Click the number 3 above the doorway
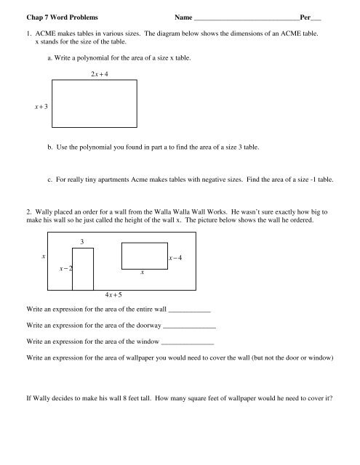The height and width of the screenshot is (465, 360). pyautogui.click(x=83, y=241)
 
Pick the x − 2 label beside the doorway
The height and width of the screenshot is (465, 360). pyautogui.click(x=65, y=269)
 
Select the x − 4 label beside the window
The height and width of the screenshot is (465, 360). pyautogui.click(x=175, y=258)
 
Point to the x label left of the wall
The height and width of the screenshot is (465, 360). pyautogui.click(x=43, y=257)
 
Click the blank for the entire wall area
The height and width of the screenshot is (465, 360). pyautogui.click(x=188, y=312)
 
